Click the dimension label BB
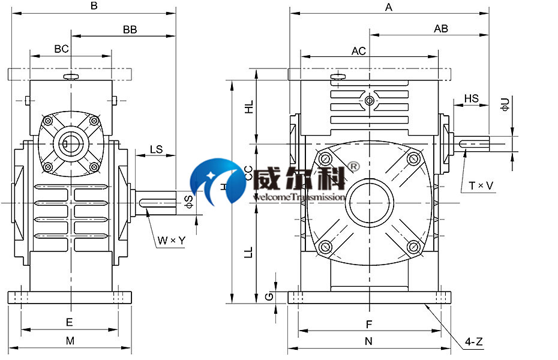pos(130,29)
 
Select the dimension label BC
pos(61,49)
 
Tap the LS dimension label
pos(155,149)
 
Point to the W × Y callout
pos(172,241)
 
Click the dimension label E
pos(69,322)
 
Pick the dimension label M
pos(70,341)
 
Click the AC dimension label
pos(359,51)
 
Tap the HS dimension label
pos(472,98)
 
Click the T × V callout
pos(481,186)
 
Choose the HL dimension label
pos(249,107)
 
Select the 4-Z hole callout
pos(474,343)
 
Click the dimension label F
pos(369,324)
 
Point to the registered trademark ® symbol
pos(354,166)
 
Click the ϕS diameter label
pos(189,202)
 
